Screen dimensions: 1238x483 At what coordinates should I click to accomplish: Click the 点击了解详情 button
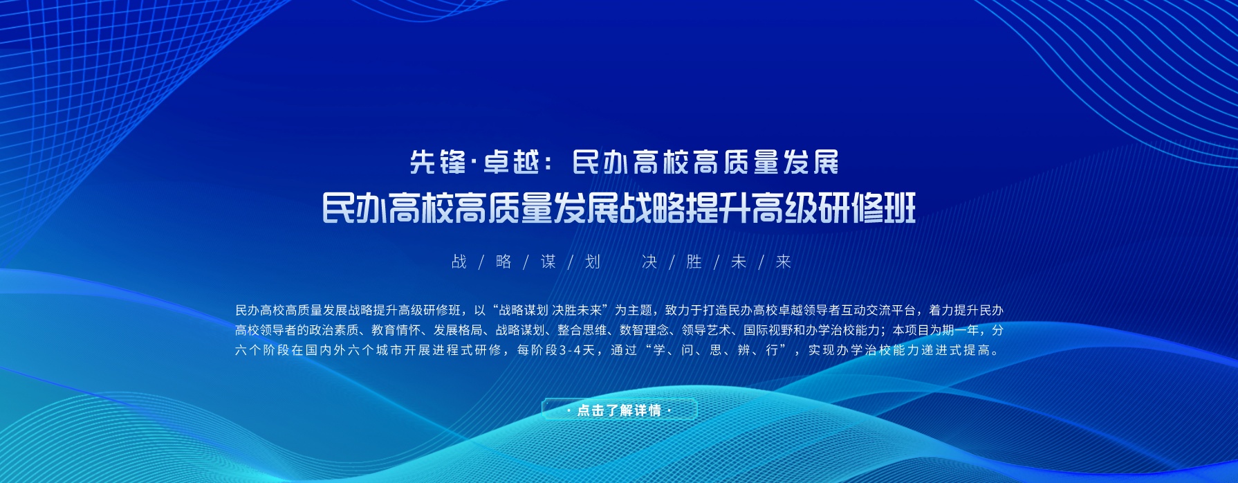tap(619, 410)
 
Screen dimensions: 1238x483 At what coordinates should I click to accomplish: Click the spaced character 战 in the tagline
tap(459, 262)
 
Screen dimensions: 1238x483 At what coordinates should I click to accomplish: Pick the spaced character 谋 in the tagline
tap(548, 262)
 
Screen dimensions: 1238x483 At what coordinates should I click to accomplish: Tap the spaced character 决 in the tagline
tap(649, 262)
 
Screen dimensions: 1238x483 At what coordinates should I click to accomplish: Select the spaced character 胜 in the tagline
tap(694, 262)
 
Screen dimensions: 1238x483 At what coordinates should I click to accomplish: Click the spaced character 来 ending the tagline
tap(783, 262)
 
